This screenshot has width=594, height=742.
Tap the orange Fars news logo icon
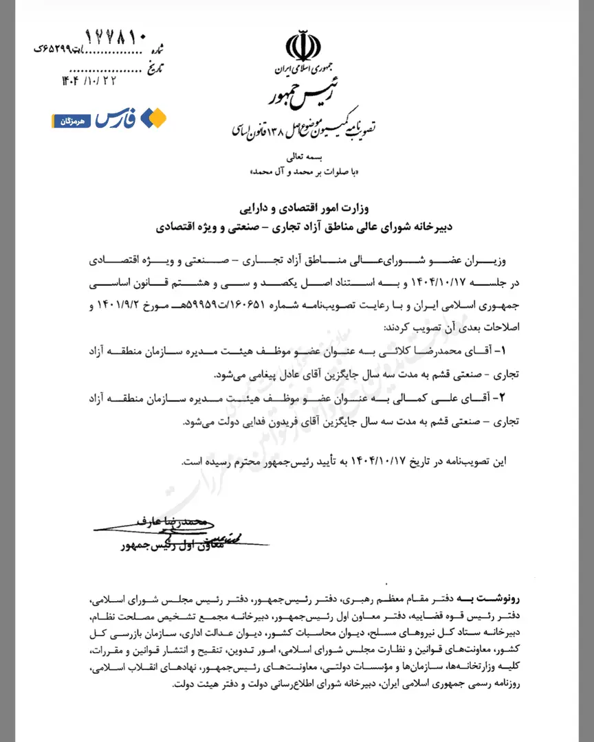[x=153, y=118]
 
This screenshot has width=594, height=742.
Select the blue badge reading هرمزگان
[x=71, y=120]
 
